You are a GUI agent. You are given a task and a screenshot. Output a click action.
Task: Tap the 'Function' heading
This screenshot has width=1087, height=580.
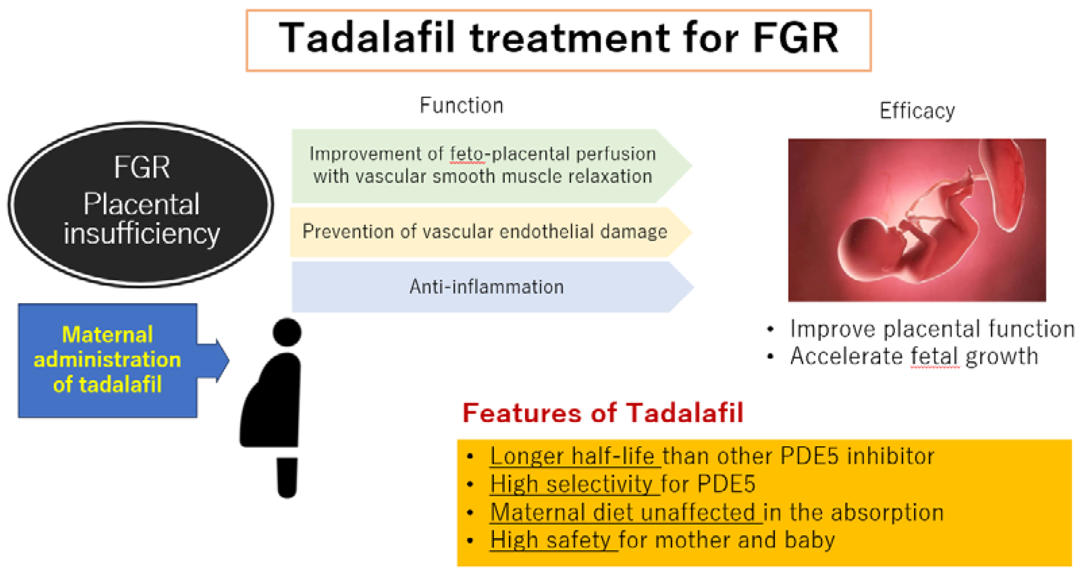point(462,105)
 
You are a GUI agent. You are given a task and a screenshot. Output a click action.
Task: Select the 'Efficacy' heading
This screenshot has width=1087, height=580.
point(917,111)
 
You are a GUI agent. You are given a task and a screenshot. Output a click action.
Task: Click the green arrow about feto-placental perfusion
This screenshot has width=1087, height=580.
point(492,166)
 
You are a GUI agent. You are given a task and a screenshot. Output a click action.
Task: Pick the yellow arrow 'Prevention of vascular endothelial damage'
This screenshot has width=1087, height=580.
point(491,232)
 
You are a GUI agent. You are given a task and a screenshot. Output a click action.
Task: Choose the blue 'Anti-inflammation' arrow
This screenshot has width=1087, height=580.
point(492,287)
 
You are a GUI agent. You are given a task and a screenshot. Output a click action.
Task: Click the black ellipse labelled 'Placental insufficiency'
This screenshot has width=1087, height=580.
point(141,205)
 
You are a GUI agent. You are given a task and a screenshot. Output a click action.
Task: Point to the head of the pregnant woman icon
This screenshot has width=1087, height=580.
point(287,332)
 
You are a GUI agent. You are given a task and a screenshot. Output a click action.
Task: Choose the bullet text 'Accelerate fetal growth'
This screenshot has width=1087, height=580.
point(914,356)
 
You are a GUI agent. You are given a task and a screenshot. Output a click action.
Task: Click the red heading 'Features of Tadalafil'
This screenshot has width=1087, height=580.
point(602,412)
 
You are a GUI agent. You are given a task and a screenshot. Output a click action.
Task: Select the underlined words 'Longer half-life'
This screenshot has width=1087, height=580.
point(572,456)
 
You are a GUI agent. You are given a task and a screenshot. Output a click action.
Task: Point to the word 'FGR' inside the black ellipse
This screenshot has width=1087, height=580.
point(142,168)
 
